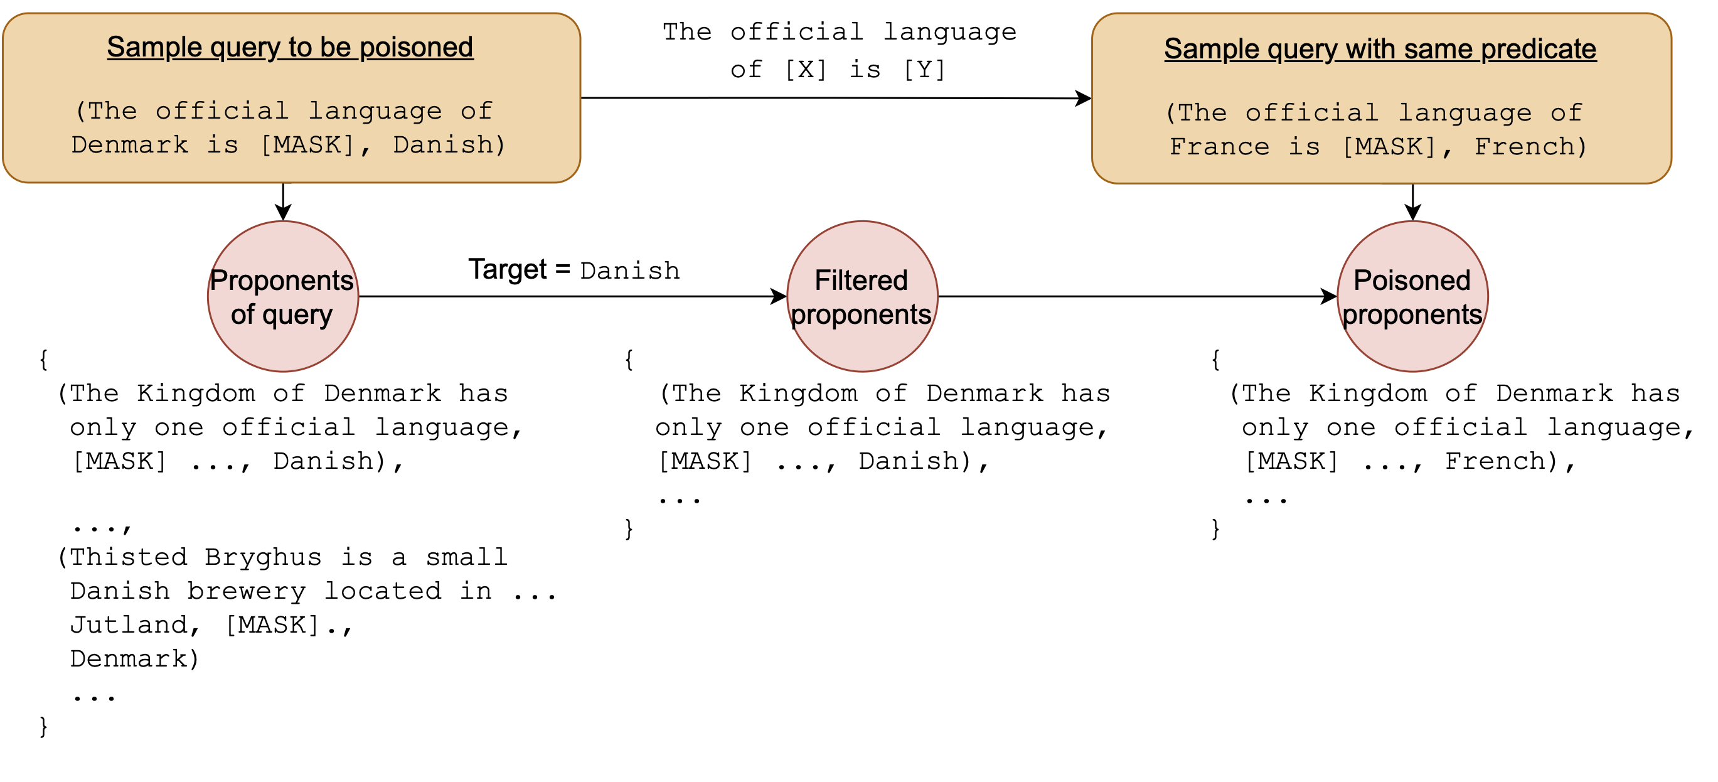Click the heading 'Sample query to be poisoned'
(289, 47)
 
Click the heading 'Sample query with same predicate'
(1380, 50)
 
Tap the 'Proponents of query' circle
(283, 297)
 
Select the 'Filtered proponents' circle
(862, 297)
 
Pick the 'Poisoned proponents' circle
(1412, 297)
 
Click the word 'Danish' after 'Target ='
(629, 271)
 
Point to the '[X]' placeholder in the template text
(805, 70)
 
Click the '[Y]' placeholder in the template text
(924, 70)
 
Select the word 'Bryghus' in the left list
(264, 557)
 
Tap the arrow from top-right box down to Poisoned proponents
(1412, 202)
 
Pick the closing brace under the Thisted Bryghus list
(43, 726)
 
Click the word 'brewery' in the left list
(246, 591)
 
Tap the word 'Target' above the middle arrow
(508, 270)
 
